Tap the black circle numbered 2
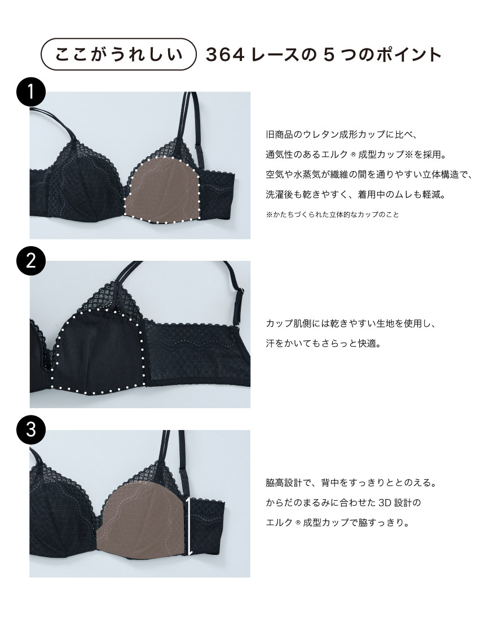pyautogui.click(x=31, y=262)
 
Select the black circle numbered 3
pyautogui.click(x=31, y=430)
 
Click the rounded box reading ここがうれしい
pyautogui.click(x=118, y=54)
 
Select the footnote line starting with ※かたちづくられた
pyautogui.click(x=332, y=215)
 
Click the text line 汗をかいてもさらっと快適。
pyautogui.click(x=324, y=343)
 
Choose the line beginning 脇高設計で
pyautogui.click(x=351, y=483)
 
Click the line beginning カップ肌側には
pyautogui.click(x=351, y=323)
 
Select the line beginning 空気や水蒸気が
pyautogui.click(x=369, y=174)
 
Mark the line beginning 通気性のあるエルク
pyautogui.click(x=356, y=155)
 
